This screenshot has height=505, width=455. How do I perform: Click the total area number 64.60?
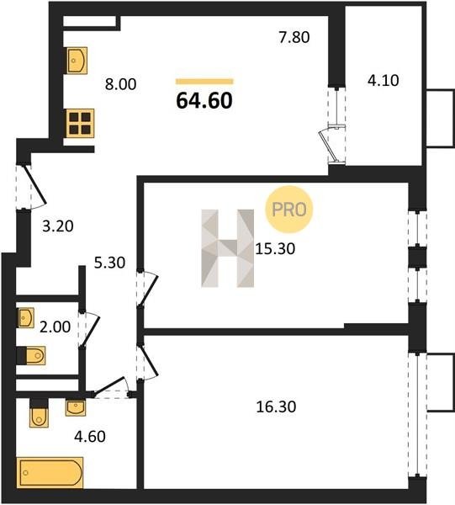point(204,100)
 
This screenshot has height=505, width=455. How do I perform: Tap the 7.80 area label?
point(294,37)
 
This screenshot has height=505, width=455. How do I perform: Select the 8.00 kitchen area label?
point(121,84)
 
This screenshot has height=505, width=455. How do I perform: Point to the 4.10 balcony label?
point(384,80)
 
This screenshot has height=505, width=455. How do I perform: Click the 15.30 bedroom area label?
point(275,249)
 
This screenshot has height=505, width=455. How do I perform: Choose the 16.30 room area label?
point(276,407)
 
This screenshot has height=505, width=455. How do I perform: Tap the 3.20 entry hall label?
point(58,226)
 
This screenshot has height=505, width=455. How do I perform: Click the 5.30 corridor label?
point(109,263)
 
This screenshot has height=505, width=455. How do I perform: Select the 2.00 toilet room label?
point(55,327)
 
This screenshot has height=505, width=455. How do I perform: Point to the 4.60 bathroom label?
point(90,437)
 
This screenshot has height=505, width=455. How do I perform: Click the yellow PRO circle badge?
point(289,210)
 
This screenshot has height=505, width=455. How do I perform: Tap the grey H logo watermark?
point(227,248)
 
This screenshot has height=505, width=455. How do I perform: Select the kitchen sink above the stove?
point(77,61)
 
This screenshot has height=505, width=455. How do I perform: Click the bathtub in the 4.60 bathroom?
point(50,472)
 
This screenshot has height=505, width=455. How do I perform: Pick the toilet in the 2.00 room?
point(31,356)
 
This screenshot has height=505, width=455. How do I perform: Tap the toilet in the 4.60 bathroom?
point(39,413)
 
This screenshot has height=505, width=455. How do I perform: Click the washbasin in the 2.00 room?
point(26,318)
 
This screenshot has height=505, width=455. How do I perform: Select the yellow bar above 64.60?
point(204,82)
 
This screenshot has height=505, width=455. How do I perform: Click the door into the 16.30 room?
point(146,361)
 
